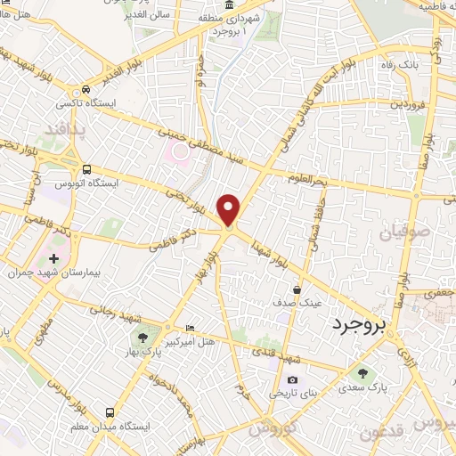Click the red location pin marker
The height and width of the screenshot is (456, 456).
[x=230, y=211]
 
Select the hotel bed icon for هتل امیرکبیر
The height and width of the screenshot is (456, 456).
[x=188, y=329]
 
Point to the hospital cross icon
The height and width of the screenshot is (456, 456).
[x=53, y=258]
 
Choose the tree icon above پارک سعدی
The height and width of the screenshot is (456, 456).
[x=362, y=373]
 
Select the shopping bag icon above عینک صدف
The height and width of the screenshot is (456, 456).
[x=297, y=289]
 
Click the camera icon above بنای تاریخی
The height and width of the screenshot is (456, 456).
[x=293, y=380]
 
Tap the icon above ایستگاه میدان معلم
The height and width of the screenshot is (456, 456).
[x=110, y=413]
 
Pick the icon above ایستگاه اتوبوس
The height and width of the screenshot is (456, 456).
[x=87, y=169]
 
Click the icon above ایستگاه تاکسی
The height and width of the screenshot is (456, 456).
[x=85, y=89]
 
